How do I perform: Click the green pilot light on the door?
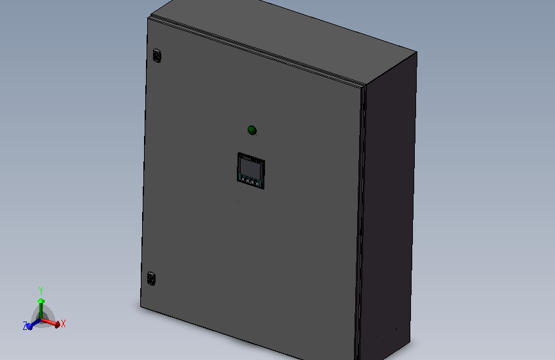point(252,130)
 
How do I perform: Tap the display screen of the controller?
point(250,167)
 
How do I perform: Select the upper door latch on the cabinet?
point(157,56)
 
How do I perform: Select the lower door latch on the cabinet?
point(151,279)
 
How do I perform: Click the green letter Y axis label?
point(41,291)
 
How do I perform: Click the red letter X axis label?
point(63,323)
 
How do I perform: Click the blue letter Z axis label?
point(25,326)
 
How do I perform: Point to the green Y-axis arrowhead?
point(41,301)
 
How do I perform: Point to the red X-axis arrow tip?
point(58,324)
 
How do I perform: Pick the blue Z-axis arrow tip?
point(29,326)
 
